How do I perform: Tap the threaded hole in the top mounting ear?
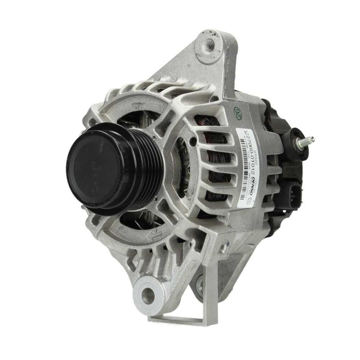coord(209,45)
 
